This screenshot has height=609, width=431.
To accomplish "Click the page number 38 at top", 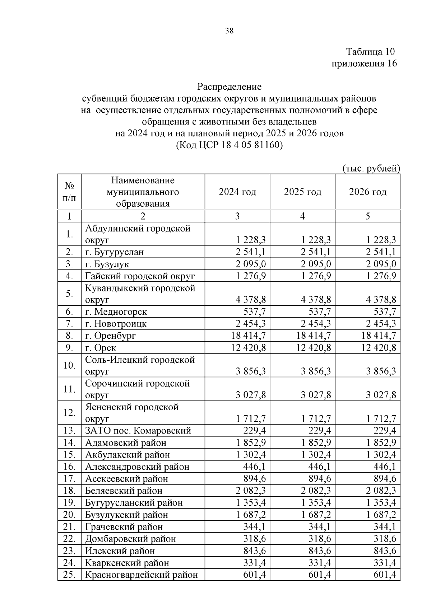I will point(229,31).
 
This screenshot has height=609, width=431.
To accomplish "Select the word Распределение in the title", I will point(229,87).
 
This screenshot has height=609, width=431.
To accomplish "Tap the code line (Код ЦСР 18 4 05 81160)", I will point(229,145).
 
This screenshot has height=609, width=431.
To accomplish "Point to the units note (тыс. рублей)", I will point(371,168).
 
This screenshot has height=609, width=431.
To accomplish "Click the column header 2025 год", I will point(302,192).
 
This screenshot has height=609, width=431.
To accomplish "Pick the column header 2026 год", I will point(368,192).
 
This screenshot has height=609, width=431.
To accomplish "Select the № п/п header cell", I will point(69,192).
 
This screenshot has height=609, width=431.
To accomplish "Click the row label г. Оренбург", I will point(111,336).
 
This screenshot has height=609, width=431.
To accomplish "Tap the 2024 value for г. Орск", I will point(251,348).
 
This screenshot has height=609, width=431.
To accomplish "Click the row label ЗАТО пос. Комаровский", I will point(138,431).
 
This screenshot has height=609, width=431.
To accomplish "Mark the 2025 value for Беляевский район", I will point(316,491).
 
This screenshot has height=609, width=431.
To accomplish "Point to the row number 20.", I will point(69,515).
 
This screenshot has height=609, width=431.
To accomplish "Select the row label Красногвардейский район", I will point(141,575).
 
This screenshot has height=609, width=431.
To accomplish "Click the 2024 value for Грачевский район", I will point(255,527).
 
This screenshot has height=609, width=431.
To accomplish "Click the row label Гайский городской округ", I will point(140,276).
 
